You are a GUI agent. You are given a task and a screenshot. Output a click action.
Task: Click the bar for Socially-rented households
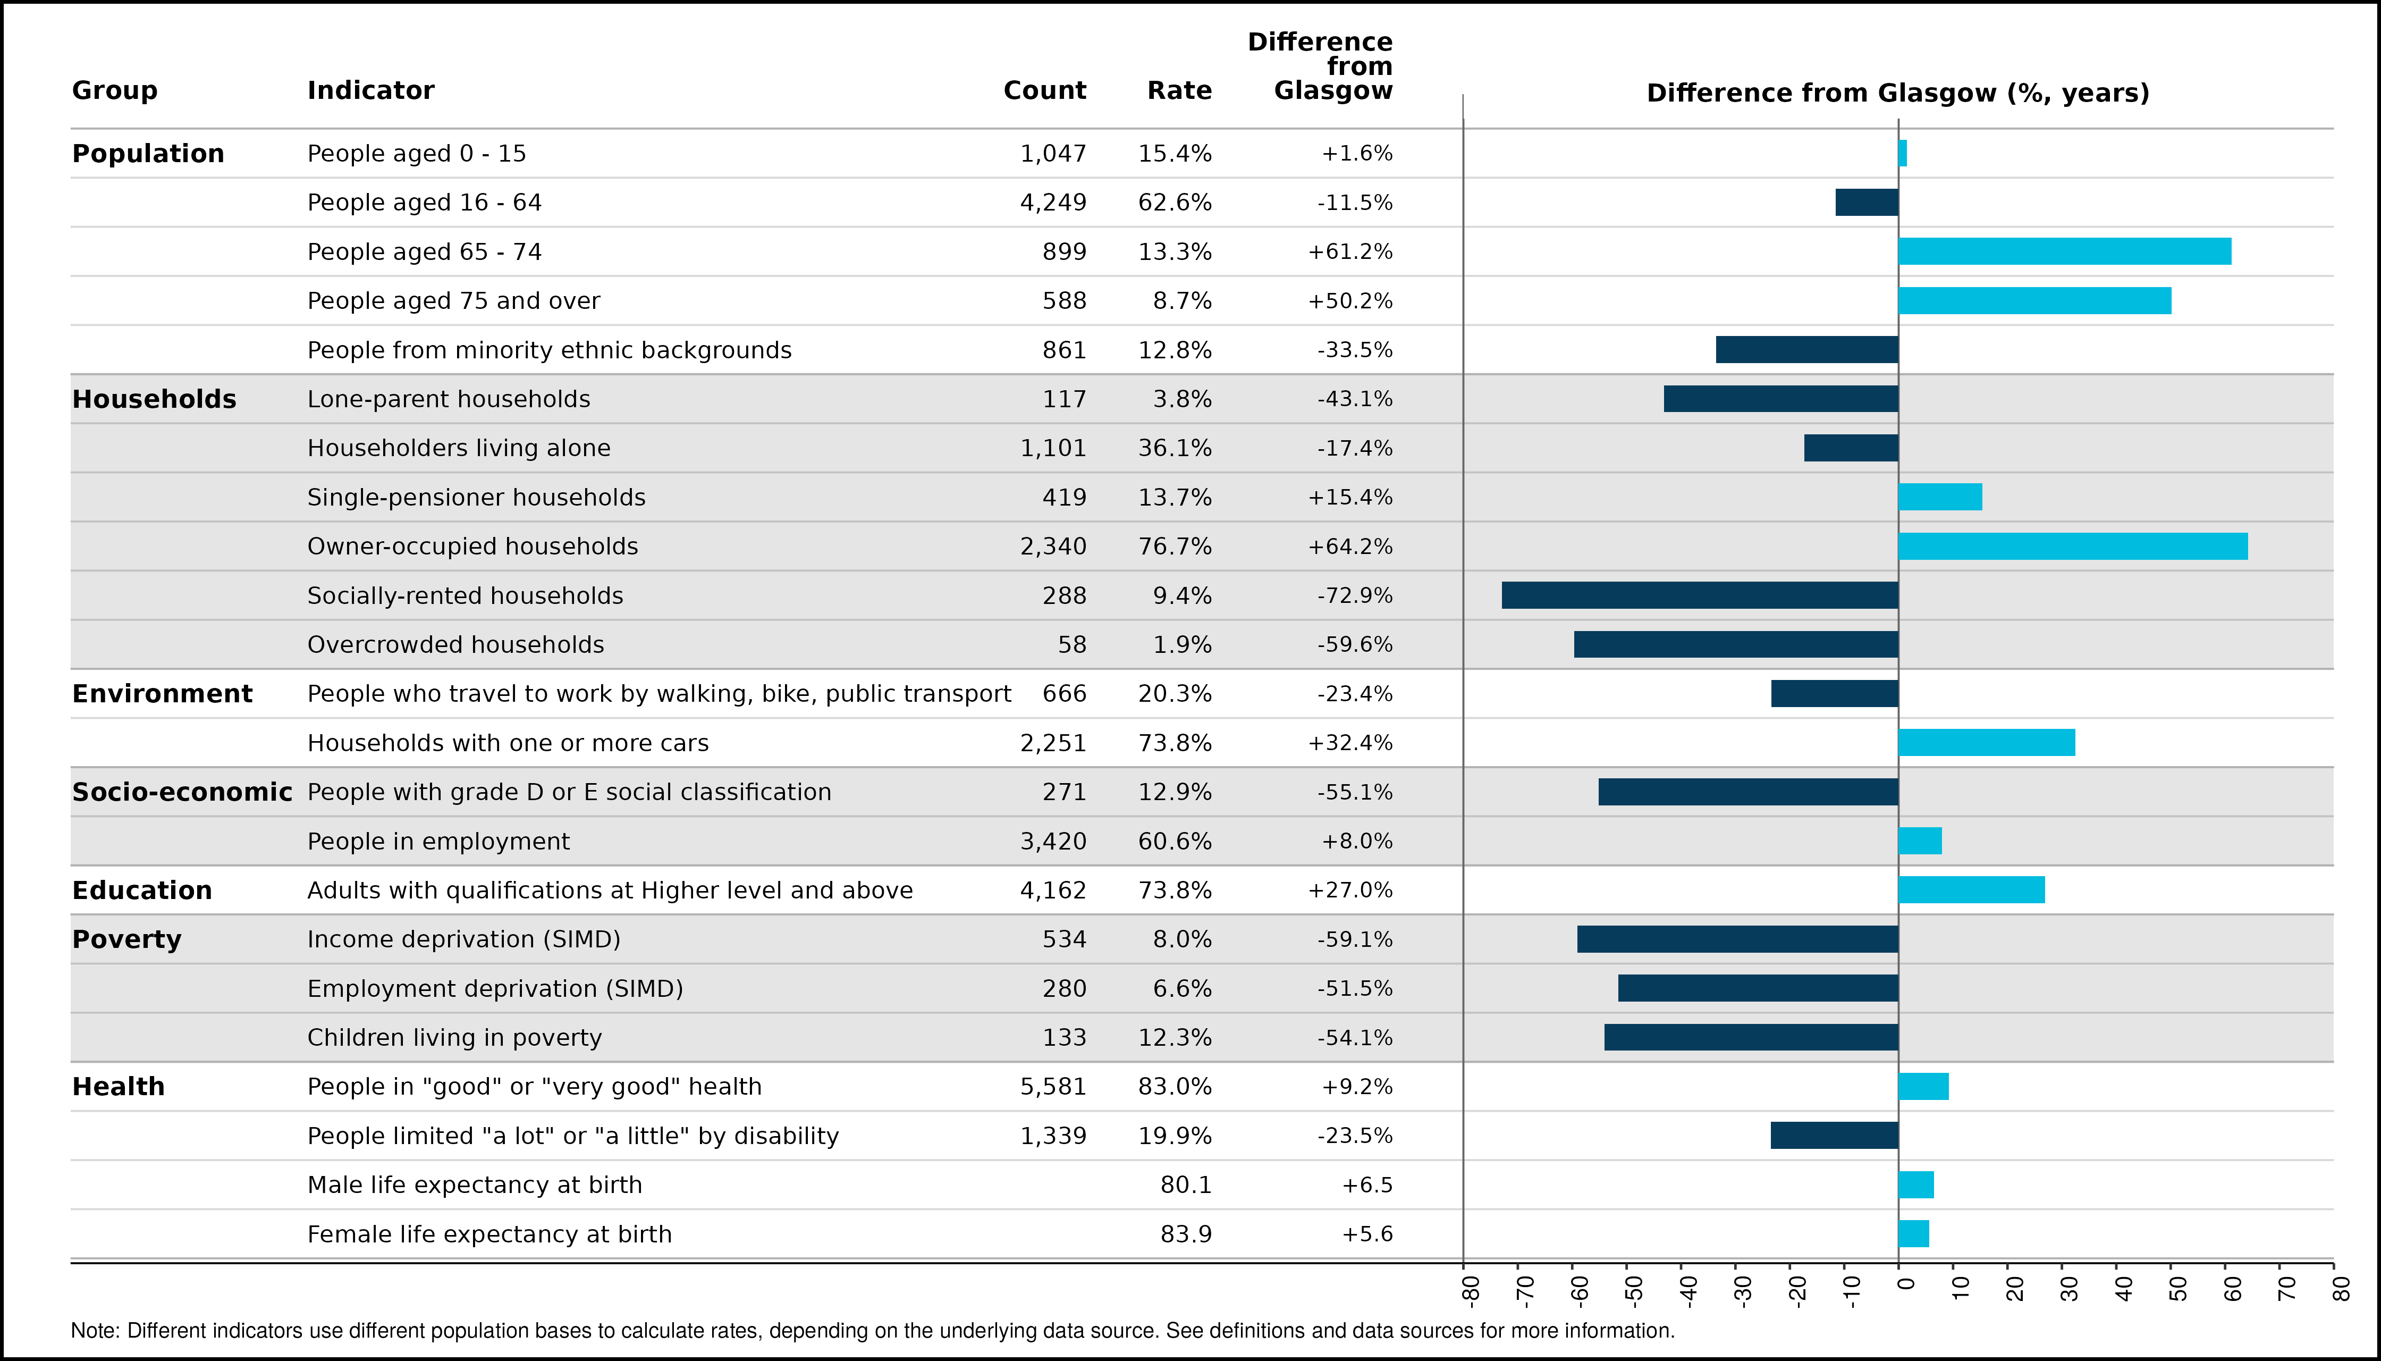(1700, 595)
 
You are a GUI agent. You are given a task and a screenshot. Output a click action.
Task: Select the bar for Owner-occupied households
(2073, 546)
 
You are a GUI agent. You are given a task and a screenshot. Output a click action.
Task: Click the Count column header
(1045, 91)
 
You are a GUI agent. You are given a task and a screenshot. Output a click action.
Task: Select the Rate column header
(1179, 91)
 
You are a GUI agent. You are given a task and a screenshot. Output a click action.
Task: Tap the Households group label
(154, 399)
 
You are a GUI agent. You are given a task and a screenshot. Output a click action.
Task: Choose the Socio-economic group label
(182, 792)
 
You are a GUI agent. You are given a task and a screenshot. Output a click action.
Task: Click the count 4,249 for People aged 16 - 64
(1053, 203)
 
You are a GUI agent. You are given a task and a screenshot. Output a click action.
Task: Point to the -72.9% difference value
(1355, 595)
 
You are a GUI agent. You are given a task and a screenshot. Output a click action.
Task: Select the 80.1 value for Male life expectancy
(1186, 1185)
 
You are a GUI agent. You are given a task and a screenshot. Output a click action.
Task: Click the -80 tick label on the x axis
(1471, 1290)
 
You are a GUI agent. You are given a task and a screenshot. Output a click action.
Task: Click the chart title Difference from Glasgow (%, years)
(1898, 94)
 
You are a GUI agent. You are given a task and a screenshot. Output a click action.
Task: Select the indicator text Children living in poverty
(455, 1038)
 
